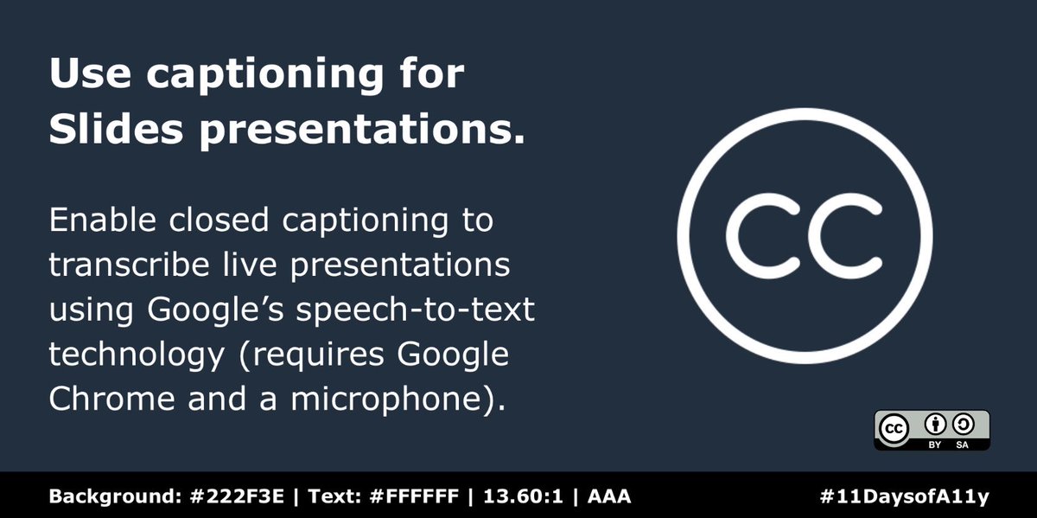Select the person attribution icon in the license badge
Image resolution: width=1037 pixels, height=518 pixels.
934,425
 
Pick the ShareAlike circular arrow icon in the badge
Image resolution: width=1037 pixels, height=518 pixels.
962,425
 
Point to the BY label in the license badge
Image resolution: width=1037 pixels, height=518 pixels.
934,444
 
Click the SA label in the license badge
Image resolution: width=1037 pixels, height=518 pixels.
962,444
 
